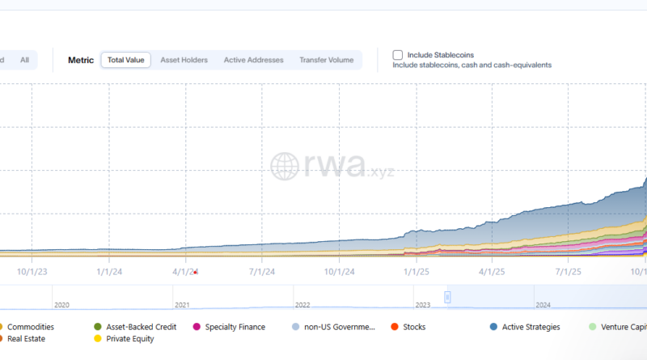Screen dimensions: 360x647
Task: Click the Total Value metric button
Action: pos(125,60)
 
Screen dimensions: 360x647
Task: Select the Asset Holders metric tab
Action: pos(184,60)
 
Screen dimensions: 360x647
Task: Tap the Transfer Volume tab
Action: pos(326,60)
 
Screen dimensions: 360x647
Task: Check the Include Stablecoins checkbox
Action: pos(398,55)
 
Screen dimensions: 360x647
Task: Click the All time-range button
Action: pos(24,60)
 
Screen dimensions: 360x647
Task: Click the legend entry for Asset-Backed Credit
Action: pos(135,327)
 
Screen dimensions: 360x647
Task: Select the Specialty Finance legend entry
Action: pos(229,327)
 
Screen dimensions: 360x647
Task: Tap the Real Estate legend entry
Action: pos(25,339)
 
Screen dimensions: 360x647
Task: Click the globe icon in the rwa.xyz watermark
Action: pos(285,167)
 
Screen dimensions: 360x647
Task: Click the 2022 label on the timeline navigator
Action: pos(302,305)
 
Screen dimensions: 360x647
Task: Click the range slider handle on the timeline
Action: pos(447,297)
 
